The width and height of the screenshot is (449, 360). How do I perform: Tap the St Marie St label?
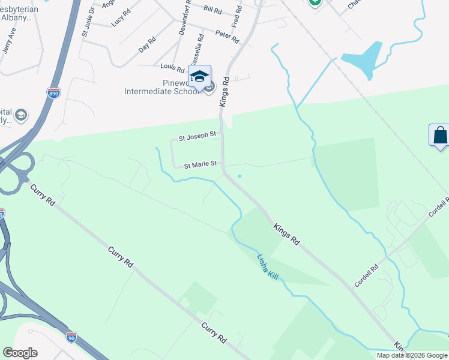click(x=200, y=164)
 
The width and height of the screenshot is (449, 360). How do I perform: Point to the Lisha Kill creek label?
click(x=268, y=265)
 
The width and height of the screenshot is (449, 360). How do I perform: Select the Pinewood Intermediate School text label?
click(x=161, y=88)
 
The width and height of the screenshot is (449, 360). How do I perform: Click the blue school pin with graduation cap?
click(x=199, y=76)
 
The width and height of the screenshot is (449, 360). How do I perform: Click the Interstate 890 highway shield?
click(x=54, y=93)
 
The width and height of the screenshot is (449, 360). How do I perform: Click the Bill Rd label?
click(x=213, y=9)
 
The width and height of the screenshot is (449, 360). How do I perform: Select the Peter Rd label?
click(x=227, y=37)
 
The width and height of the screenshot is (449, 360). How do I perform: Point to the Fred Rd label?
click(x=237, y=14)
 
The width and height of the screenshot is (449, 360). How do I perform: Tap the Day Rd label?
click(x=147, y=45)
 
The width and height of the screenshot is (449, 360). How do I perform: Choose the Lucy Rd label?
click(x=121, y=20)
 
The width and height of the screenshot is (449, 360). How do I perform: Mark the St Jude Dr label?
click(x=89, y=20)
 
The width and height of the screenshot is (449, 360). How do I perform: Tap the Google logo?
click(x=20, y=353)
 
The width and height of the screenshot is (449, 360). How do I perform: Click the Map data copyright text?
click(x=412, y=355)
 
